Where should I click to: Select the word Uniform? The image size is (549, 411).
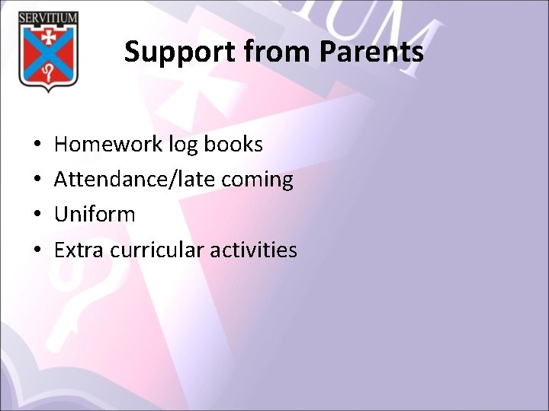(95, 215)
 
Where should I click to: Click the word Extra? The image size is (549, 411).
(80, 250)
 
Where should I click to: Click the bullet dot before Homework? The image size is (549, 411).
(37, 145)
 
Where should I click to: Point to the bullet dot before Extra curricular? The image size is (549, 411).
(37, 250)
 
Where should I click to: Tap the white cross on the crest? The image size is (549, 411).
(48, 37)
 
